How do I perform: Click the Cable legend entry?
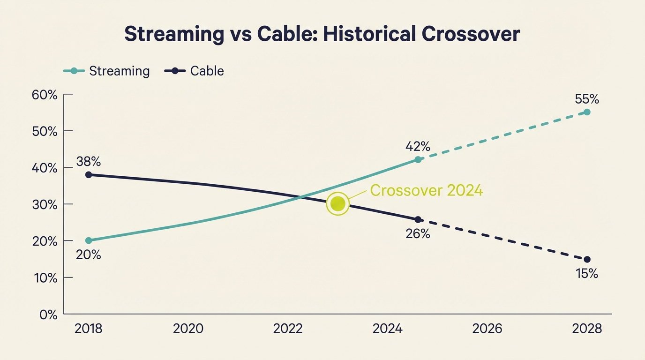[x=194, y=71]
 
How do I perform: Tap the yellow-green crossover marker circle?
[x=338, y=204]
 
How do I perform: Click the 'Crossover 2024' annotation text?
[x=426, y=190]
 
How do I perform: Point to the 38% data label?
[x=89, y=162]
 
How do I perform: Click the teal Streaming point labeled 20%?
[x=89, y=240]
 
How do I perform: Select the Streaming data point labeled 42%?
[x=418, y=160]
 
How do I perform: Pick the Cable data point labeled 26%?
[x=418, y=219]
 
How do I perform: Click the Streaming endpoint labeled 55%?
[x=587, y=112]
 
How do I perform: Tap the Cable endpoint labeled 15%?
[x=587, y=259]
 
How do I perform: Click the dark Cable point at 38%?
[x=89, y=175]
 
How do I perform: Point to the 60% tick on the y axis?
[x=45, y=95]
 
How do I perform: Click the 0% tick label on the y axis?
[x=48, y=315]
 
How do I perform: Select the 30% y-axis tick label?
[x=45, y=205]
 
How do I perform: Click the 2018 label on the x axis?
[x=89, y=329]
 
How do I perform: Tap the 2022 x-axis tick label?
[x=288, y=329]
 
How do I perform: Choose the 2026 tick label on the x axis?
[x=487, y=329]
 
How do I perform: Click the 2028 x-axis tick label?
[x=587, y=329]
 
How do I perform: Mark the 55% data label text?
[x=587, y=99]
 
